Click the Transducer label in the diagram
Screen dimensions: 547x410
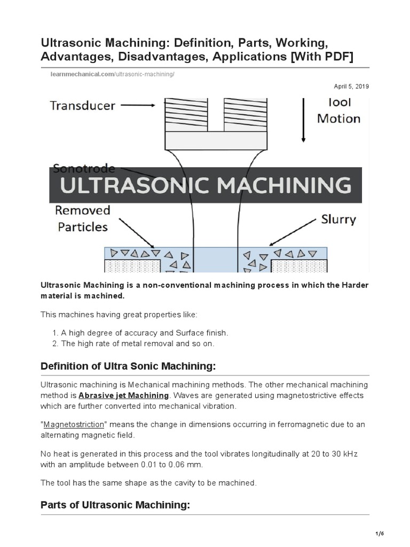coord(82,105)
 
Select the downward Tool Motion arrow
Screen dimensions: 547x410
coord(304,120)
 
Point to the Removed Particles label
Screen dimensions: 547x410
coord(82,218)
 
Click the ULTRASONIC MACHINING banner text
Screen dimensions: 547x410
coord(206,185)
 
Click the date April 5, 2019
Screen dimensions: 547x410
coord(351,86)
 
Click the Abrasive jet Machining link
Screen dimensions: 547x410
coord(123,395)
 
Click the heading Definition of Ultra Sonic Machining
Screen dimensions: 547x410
coord(128,366)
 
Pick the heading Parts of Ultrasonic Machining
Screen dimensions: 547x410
coord(115,505)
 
